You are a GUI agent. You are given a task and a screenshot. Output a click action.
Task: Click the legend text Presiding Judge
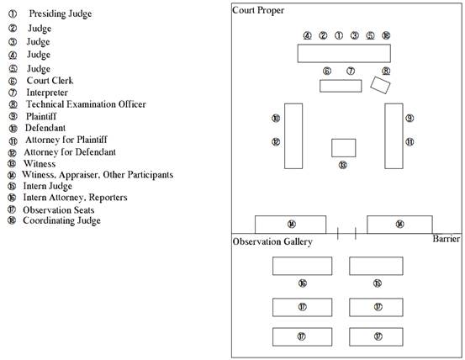61,14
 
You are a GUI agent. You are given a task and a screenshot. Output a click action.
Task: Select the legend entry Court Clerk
50,81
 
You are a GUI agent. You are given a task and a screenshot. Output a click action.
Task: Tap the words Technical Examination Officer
86,104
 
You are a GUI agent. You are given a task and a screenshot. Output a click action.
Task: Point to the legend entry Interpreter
47,93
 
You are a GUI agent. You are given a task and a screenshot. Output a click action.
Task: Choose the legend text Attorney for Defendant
70,152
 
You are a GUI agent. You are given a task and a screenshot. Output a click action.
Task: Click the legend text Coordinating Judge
61,221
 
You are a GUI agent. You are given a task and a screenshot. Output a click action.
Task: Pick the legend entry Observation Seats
58,210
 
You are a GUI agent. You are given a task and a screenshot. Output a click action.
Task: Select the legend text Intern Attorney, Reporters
75,198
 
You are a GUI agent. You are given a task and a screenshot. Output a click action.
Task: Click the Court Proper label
258,11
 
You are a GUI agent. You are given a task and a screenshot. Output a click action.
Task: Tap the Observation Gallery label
272,242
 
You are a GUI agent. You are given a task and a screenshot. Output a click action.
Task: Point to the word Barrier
446,239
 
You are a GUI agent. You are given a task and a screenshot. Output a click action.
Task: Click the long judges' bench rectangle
344,53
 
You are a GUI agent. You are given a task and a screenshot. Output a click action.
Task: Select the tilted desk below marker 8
380,85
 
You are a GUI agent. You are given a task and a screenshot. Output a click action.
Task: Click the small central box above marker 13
344,148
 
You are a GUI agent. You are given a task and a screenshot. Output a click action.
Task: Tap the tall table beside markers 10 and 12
293,136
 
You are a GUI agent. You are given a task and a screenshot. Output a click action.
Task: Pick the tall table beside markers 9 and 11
394,136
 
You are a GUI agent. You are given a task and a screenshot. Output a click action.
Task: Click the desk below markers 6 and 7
341,86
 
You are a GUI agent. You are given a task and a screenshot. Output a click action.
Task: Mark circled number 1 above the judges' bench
339,35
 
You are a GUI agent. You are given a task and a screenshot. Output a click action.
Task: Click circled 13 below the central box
343,165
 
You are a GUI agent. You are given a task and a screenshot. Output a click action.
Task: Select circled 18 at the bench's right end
386,35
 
